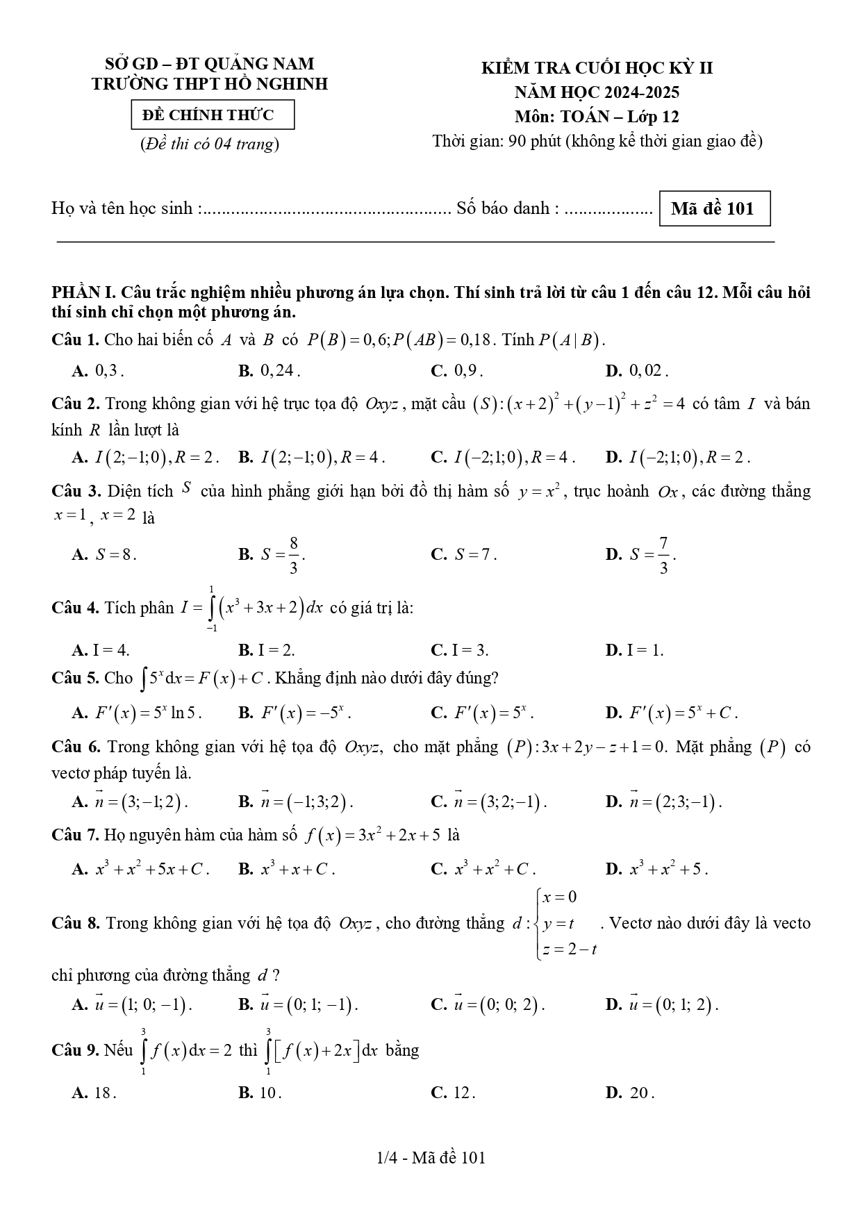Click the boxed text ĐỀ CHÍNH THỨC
tap(213, 115)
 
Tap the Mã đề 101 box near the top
tap(713, 208)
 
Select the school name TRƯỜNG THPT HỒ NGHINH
tap(210, 84)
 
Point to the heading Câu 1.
tap(76, 340)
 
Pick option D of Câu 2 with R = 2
tap(677, 457)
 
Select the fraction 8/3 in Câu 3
tap(293, 554)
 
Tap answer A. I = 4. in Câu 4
tap(101, 650)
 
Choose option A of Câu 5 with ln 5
tap(137, 713)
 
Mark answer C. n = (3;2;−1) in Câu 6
tap(489, 802)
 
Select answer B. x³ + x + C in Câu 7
tap(286, 869)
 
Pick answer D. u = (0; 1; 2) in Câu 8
tap(662, 1004)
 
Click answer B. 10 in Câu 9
tap(260, 1093)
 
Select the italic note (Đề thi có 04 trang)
tap(209, 144)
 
